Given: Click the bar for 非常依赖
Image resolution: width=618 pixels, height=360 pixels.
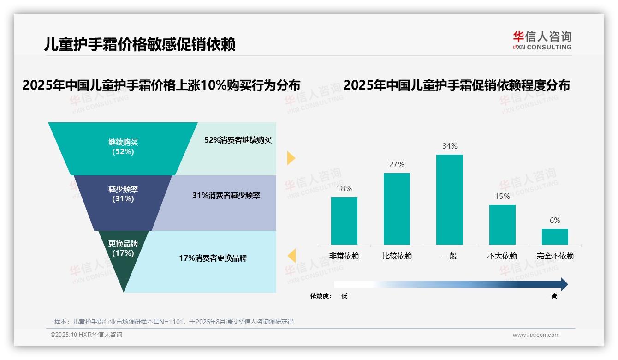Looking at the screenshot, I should point(344,221).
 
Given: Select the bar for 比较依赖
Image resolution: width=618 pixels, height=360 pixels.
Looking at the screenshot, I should point(397,209).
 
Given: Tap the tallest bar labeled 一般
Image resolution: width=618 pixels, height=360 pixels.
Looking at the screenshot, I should point(449,199).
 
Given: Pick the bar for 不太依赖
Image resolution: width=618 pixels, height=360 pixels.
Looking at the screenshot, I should point(502,224).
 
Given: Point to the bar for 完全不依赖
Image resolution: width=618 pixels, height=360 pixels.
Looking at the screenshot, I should point(555,236).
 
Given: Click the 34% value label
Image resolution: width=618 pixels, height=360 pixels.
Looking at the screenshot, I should point(450,146).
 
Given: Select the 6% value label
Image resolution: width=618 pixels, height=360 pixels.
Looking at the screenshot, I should point(555,221).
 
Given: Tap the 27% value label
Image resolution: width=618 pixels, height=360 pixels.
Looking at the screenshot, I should point(397,164).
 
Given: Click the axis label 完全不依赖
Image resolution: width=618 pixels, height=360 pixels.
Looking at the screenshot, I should point(555,256).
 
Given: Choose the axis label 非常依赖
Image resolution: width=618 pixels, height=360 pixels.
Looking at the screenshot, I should point(344,256).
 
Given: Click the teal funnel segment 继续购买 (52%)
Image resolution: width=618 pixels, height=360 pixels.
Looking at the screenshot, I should point(123,147).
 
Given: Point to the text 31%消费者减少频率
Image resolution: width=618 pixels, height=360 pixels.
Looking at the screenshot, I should point(226,196).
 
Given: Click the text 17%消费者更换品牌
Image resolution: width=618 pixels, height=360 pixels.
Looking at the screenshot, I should point(213,258).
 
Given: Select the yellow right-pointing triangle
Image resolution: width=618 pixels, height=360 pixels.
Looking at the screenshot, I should point(291,158).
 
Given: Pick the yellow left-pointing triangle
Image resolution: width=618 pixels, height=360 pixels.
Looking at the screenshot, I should point(291,255).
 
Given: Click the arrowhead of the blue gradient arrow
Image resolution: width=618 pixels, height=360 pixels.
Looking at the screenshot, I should point(563,284).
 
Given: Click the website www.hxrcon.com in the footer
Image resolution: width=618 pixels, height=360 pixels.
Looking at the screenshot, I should point(536,335).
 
